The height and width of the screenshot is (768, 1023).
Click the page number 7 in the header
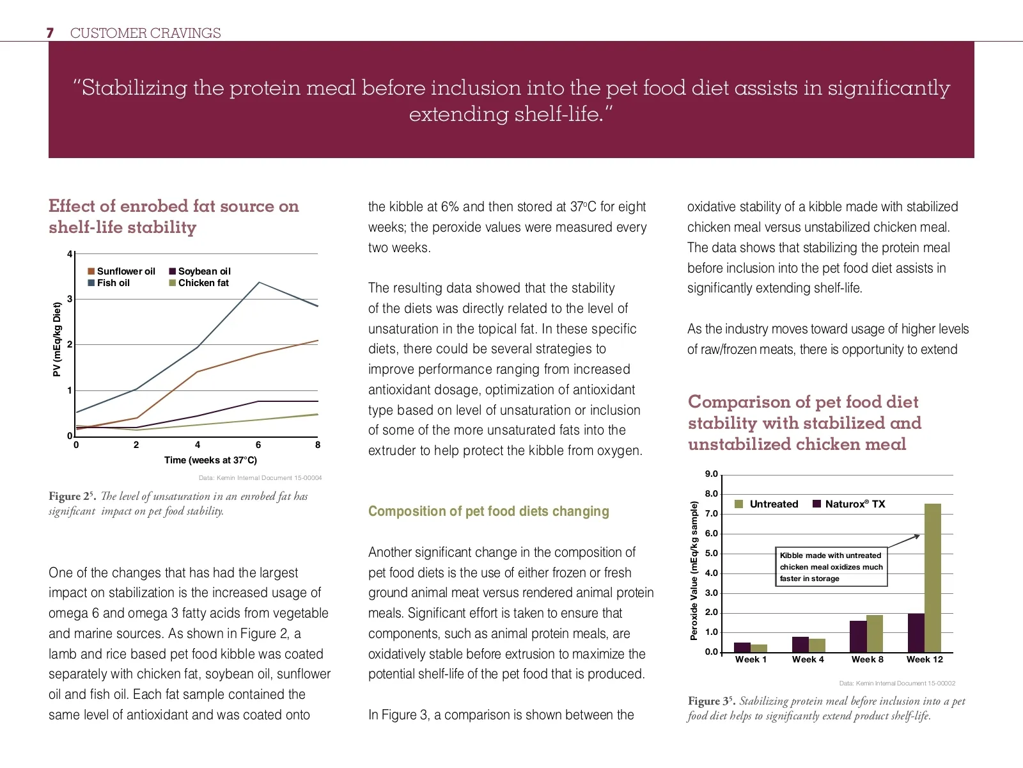(50, 33)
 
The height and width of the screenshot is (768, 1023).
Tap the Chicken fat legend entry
(199, 283)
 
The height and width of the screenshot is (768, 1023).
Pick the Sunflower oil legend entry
(121, 271)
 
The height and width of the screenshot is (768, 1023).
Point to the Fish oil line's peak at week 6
(258, 282)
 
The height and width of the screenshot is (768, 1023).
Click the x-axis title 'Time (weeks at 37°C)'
(210, 460)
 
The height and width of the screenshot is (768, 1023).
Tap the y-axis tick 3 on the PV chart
(70, 299)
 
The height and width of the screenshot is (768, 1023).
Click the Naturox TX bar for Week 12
(916, 633)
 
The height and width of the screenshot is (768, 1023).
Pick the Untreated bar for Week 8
(875, 634)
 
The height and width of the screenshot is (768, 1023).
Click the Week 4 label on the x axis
(808, 660)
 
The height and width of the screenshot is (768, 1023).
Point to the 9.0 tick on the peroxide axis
(712, 474)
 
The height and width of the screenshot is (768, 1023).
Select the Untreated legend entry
(767, 504)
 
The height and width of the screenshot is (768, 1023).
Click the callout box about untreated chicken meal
(831, 566)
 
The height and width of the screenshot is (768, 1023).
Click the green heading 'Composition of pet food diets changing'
(488, 511)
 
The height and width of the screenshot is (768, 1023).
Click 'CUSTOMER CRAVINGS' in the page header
(145, 33)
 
